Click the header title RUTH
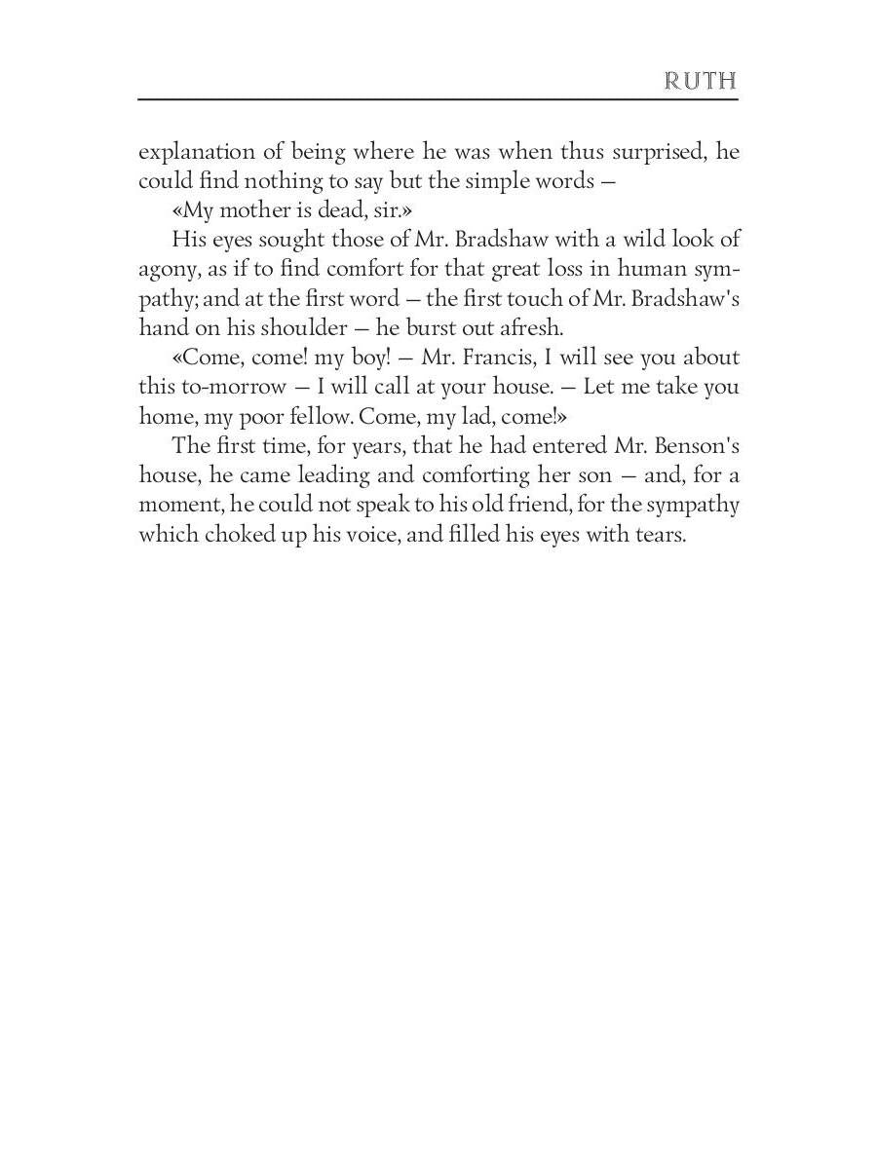700,80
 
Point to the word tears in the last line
661,535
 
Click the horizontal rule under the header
438,99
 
